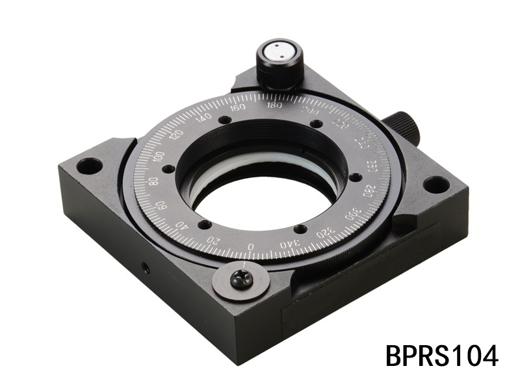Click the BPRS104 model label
coord(442,356)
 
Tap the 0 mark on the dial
coord(252,246)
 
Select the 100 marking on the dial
coord(159,157)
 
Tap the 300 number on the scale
coord(352,214)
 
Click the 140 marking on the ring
coord(204,118)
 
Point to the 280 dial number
coord(368,190)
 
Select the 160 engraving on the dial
coord(238,107)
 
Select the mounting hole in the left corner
coord(89,166)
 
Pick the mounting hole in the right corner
coord(435,185)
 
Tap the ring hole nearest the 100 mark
coord(168,168)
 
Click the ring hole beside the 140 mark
coord(224,120)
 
